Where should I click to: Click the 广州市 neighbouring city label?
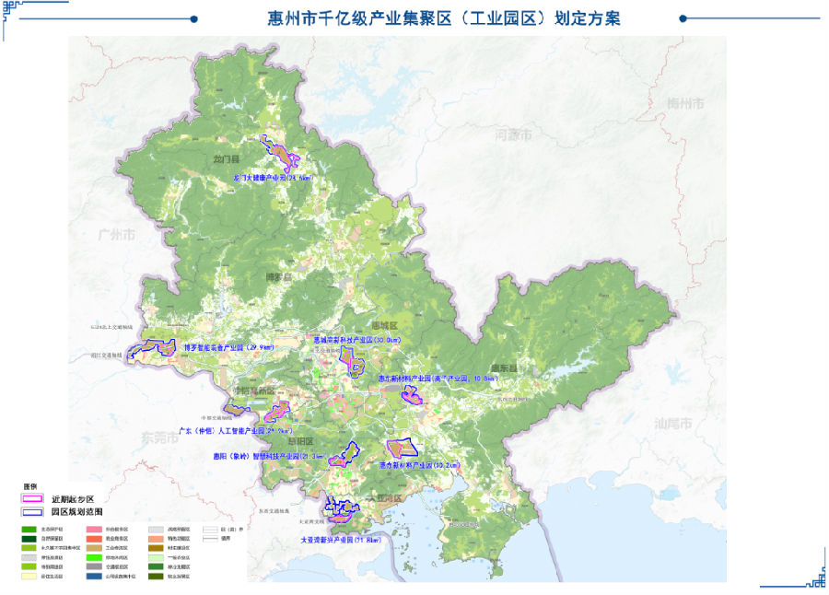click(x=117, y=235)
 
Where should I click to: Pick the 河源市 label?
click(x=513, y=135)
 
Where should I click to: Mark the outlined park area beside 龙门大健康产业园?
click(x=278, y=153)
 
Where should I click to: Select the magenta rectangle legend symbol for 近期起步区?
click(x=33, y=498)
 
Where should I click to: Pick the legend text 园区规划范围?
click(x=77, y=510)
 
